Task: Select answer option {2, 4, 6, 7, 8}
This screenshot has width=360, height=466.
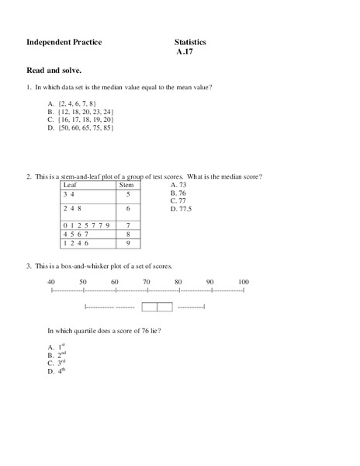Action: click(x=73, y=103)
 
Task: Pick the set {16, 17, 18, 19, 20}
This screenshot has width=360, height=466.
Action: click(x=80, y=120)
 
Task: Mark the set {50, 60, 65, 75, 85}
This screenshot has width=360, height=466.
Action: click(x=80, y=129)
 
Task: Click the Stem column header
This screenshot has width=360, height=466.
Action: click(x=126, y=186)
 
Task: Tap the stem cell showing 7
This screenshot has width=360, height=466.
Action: click(x=127, y=224)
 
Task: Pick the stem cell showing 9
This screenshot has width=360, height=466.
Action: click(x=127, y=243)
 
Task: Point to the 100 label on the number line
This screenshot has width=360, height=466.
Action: click(x=244, y=281)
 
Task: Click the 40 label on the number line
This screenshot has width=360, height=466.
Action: click(x=51, y=281)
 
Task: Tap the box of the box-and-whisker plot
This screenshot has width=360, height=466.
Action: click(x=157, y=308)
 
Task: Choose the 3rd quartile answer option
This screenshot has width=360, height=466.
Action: click(x=56, y=363)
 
